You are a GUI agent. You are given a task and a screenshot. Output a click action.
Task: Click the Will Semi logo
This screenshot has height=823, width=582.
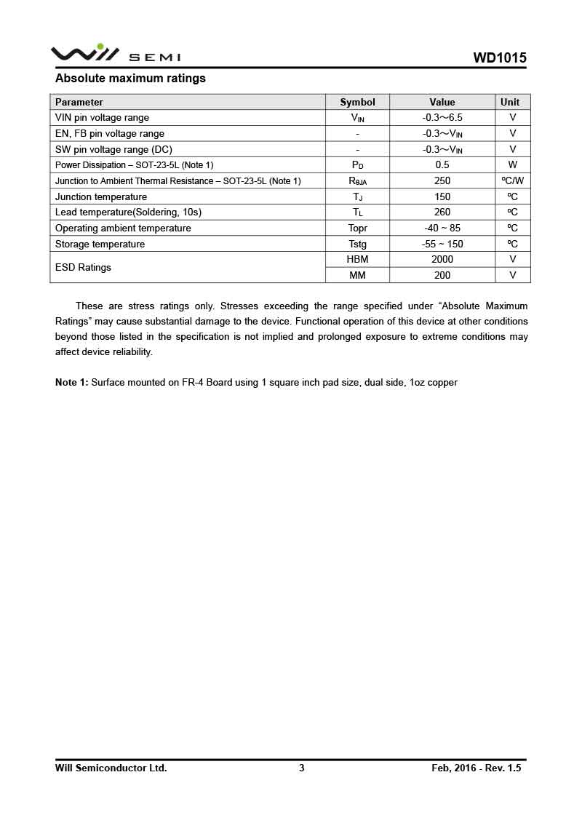[115, 54]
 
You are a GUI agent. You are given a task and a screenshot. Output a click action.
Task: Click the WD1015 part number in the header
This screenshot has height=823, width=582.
[499, 58]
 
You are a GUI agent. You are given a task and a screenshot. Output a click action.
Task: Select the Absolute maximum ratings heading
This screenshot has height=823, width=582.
[130, 79]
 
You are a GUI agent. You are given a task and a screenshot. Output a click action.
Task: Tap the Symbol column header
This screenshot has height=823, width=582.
[357, 102]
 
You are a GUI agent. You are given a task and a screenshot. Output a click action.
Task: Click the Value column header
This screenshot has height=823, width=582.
[442, 102]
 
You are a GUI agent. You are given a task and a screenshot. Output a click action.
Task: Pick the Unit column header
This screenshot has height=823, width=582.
[510, 102]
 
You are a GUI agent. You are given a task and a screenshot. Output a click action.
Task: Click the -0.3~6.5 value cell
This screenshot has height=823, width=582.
[442, 118]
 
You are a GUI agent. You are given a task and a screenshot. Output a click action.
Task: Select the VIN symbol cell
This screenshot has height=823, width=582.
[357, 118]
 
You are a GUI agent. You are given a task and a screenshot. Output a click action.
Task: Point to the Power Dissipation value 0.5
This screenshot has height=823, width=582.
[442, 165]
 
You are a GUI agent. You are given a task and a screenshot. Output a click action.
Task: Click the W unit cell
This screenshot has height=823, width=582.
[512, 165]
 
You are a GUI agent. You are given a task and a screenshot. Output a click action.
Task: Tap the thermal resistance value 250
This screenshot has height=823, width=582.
[442, 181]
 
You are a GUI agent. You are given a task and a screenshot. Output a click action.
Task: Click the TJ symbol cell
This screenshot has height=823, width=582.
[357, 197]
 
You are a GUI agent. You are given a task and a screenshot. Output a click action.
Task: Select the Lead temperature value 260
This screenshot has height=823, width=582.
[442, 212]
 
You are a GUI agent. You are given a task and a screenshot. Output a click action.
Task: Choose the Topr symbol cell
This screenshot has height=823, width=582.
[357, 228]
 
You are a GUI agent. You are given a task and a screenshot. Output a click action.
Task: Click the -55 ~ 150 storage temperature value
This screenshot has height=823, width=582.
[442, 244]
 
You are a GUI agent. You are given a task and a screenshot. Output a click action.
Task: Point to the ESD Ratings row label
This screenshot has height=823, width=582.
[83, 268]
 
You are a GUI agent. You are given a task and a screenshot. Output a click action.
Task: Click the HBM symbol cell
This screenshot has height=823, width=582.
[357, 260]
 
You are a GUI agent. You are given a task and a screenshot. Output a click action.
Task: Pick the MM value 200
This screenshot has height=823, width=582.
[442, 276]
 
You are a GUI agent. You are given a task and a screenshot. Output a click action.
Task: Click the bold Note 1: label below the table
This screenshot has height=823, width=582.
[71, 383]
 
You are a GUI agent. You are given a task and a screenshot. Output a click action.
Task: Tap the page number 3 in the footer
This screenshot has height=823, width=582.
[301, 768]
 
